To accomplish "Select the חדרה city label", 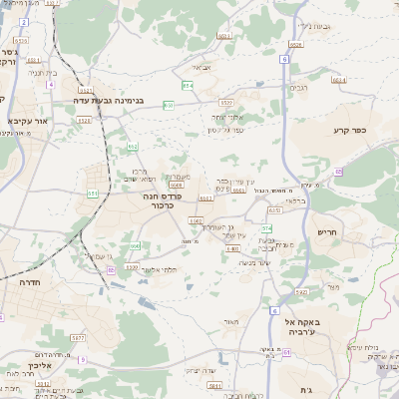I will coord(27,283).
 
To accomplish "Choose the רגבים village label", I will coord(298,88).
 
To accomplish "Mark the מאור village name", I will coord(232,321).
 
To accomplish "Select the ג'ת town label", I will coord(304,389).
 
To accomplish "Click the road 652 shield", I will coord(133,147).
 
